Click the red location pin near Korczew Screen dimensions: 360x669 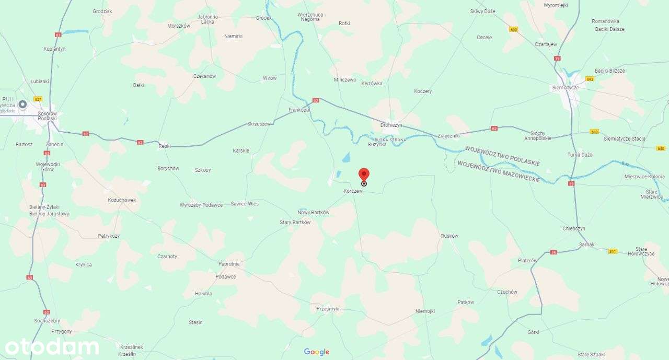coord(364,175)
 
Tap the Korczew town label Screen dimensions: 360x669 coord(353,191)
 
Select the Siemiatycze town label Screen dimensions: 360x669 coord(566,87)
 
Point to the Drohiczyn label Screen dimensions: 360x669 coord(391,125)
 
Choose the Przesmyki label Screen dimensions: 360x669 coord(328,309)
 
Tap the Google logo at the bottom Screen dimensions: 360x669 coord(317,352)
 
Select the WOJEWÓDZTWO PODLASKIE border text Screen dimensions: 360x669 coord(502,156)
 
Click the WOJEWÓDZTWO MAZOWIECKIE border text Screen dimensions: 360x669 coord(498,171)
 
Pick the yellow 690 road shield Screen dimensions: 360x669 coord(513,30)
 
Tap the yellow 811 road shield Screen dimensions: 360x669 coord(613,251)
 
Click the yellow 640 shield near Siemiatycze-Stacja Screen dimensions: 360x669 coord(594,132)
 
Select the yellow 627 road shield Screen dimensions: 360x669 coord(38,99)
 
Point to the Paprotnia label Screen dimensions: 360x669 coord(229,264)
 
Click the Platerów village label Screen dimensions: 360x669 coord(527,260)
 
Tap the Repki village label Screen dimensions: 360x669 coord(165,146)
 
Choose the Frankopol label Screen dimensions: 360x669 coord(299,110)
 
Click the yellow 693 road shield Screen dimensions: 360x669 coord(590,79)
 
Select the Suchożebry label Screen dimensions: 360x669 coord(47,320)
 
